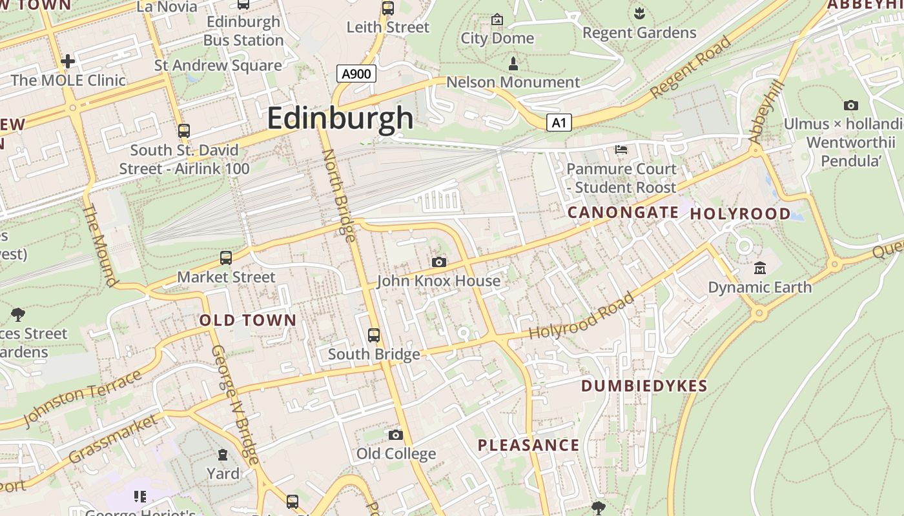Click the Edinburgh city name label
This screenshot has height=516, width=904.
point(340,118)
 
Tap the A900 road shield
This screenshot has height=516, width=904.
point(356,74)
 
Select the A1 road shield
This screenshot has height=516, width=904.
point(559,123)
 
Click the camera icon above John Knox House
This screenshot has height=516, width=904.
point(439,262)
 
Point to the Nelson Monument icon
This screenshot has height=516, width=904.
point(513,63)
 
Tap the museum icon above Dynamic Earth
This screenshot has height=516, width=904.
point(760,268)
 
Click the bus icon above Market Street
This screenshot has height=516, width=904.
point(226,258)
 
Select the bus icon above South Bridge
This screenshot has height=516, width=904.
point(374,335)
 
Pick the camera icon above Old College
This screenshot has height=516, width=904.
point(396,435)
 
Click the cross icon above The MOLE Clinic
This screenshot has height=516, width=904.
point(68,61)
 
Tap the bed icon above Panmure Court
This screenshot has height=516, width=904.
point(621,150)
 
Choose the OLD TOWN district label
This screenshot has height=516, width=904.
point(248,320)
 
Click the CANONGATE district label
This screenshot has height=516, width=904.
point(623,212)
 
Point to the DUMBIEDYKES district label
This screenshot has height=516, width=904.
point(644,386)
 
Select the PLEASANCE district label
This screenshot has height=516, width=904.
point(529,445)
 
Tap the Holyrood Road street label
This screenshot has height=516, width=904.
point(582,316)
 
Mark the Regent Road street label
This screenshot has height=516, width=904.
point(690,68)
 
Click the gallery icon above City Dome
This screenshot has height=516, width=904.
point(497,19)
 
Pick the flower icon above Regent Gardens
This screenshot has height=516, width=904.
point(639,13)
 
